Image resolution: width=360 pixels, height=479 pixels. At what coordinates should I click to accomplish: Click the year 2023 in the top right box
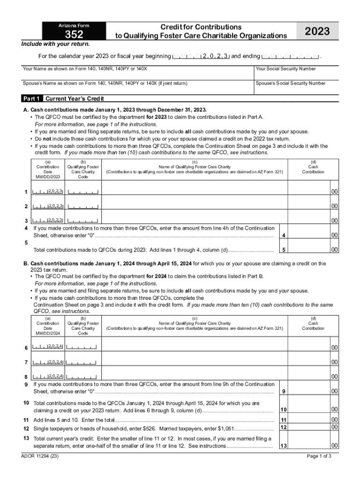click(x=317, y=31)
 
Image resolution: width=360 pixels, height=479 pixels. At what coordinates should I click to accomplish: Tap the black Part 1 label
click(x=32, y=99)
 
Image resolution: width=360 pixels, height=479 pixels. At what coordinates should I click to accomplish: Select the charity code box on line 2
click(x=83, y=206)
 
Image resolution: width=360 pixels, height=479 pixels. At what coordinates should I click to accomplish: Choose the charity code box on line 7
click(x=82, y=362)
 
